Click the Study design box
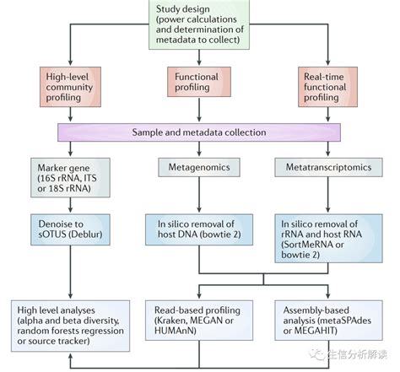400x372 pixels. point(199,24)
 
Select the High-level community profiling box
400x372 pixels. point(70,87)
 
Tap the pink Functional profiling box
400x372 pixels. point(199,82)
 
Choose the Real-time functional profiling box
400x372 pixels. point(327,87)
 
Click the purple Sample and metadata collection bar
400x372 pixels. point(199,132)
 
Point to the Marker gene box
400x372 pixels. point(70,177)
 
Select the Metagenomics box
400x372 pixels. point(199,167)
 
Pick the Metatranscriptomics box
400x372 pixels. point(328,167)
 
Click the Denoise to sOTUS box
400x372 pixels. point(70,229)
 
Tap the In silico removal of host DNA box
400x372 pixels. point(199,229)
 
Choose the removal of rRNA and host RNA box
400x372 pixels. point(328,239)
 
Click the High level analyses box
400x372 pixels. point(70,326)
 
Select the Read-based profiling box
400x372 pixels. point(199,321)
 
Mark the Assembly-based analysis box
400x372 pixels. point(328,321)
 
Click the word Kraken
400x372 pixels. point(171,321)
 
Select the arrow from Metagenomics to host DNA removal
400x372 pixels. point(199,195)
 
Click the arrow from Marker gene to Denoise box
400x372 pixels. point(70,205)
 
